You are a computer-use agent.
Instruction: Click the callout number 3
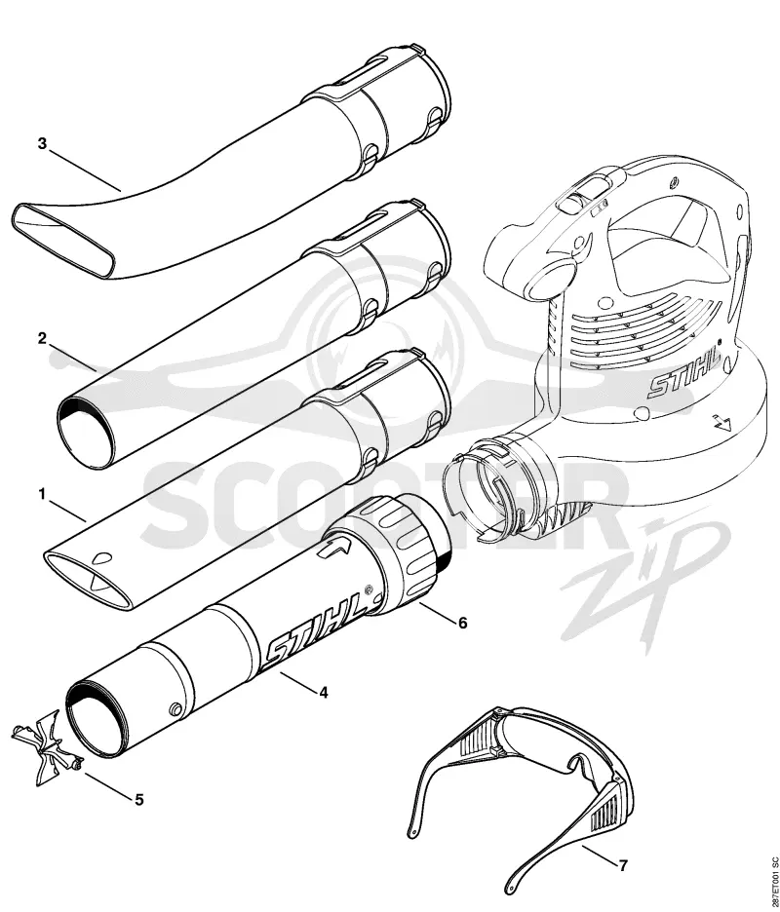42,143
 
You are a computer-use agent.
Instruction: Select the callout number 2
42,338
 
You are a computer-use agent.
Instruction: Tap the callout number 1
41,494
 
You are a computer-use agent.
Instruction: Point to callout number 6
463,623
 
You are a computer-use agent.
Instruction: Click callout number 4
324,693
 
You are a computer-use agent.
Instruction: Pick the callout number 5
139,800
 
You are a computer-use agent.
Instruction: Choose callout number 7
623,866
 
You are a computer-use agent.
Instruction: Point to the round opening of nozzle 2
87,432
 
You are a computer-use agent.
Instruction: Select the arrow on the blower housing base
721,422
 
